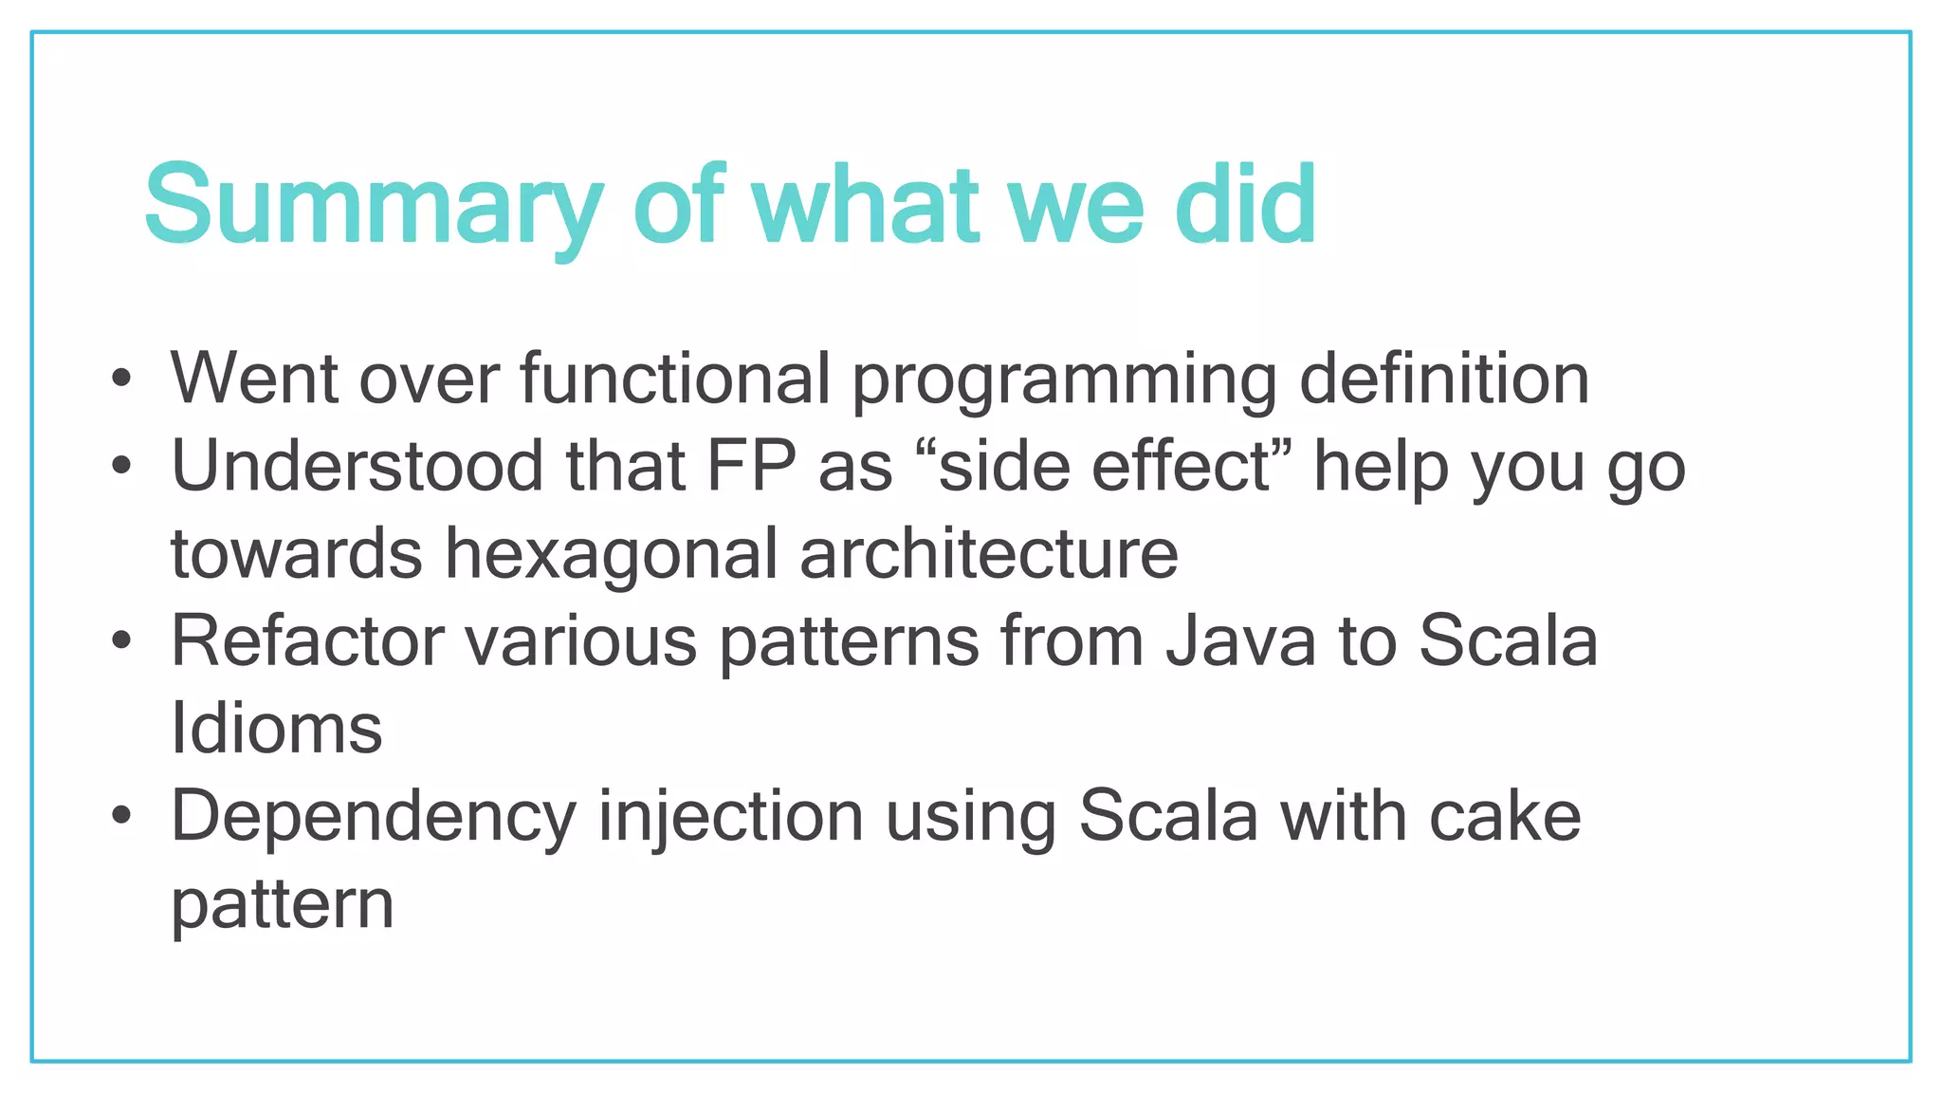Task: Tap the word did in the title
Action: tap(1245, 205)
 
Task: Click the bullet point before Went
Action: tap(120, 379)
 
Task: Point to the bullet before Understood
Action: tap(120, 466)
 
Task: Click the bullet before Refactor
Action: tap(120, 641)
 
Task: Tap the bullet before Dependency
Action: tap(120, 816)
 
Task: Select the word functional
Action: tap(675, 379)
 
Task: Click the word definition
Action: tap(1443, 379)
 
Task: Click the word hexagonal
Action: tap(612, 554)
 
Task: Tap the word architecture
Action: tap(989, 554)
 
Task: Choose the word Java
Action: tap(1241, 641)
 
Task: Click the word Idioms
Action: tap(276, 729)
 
